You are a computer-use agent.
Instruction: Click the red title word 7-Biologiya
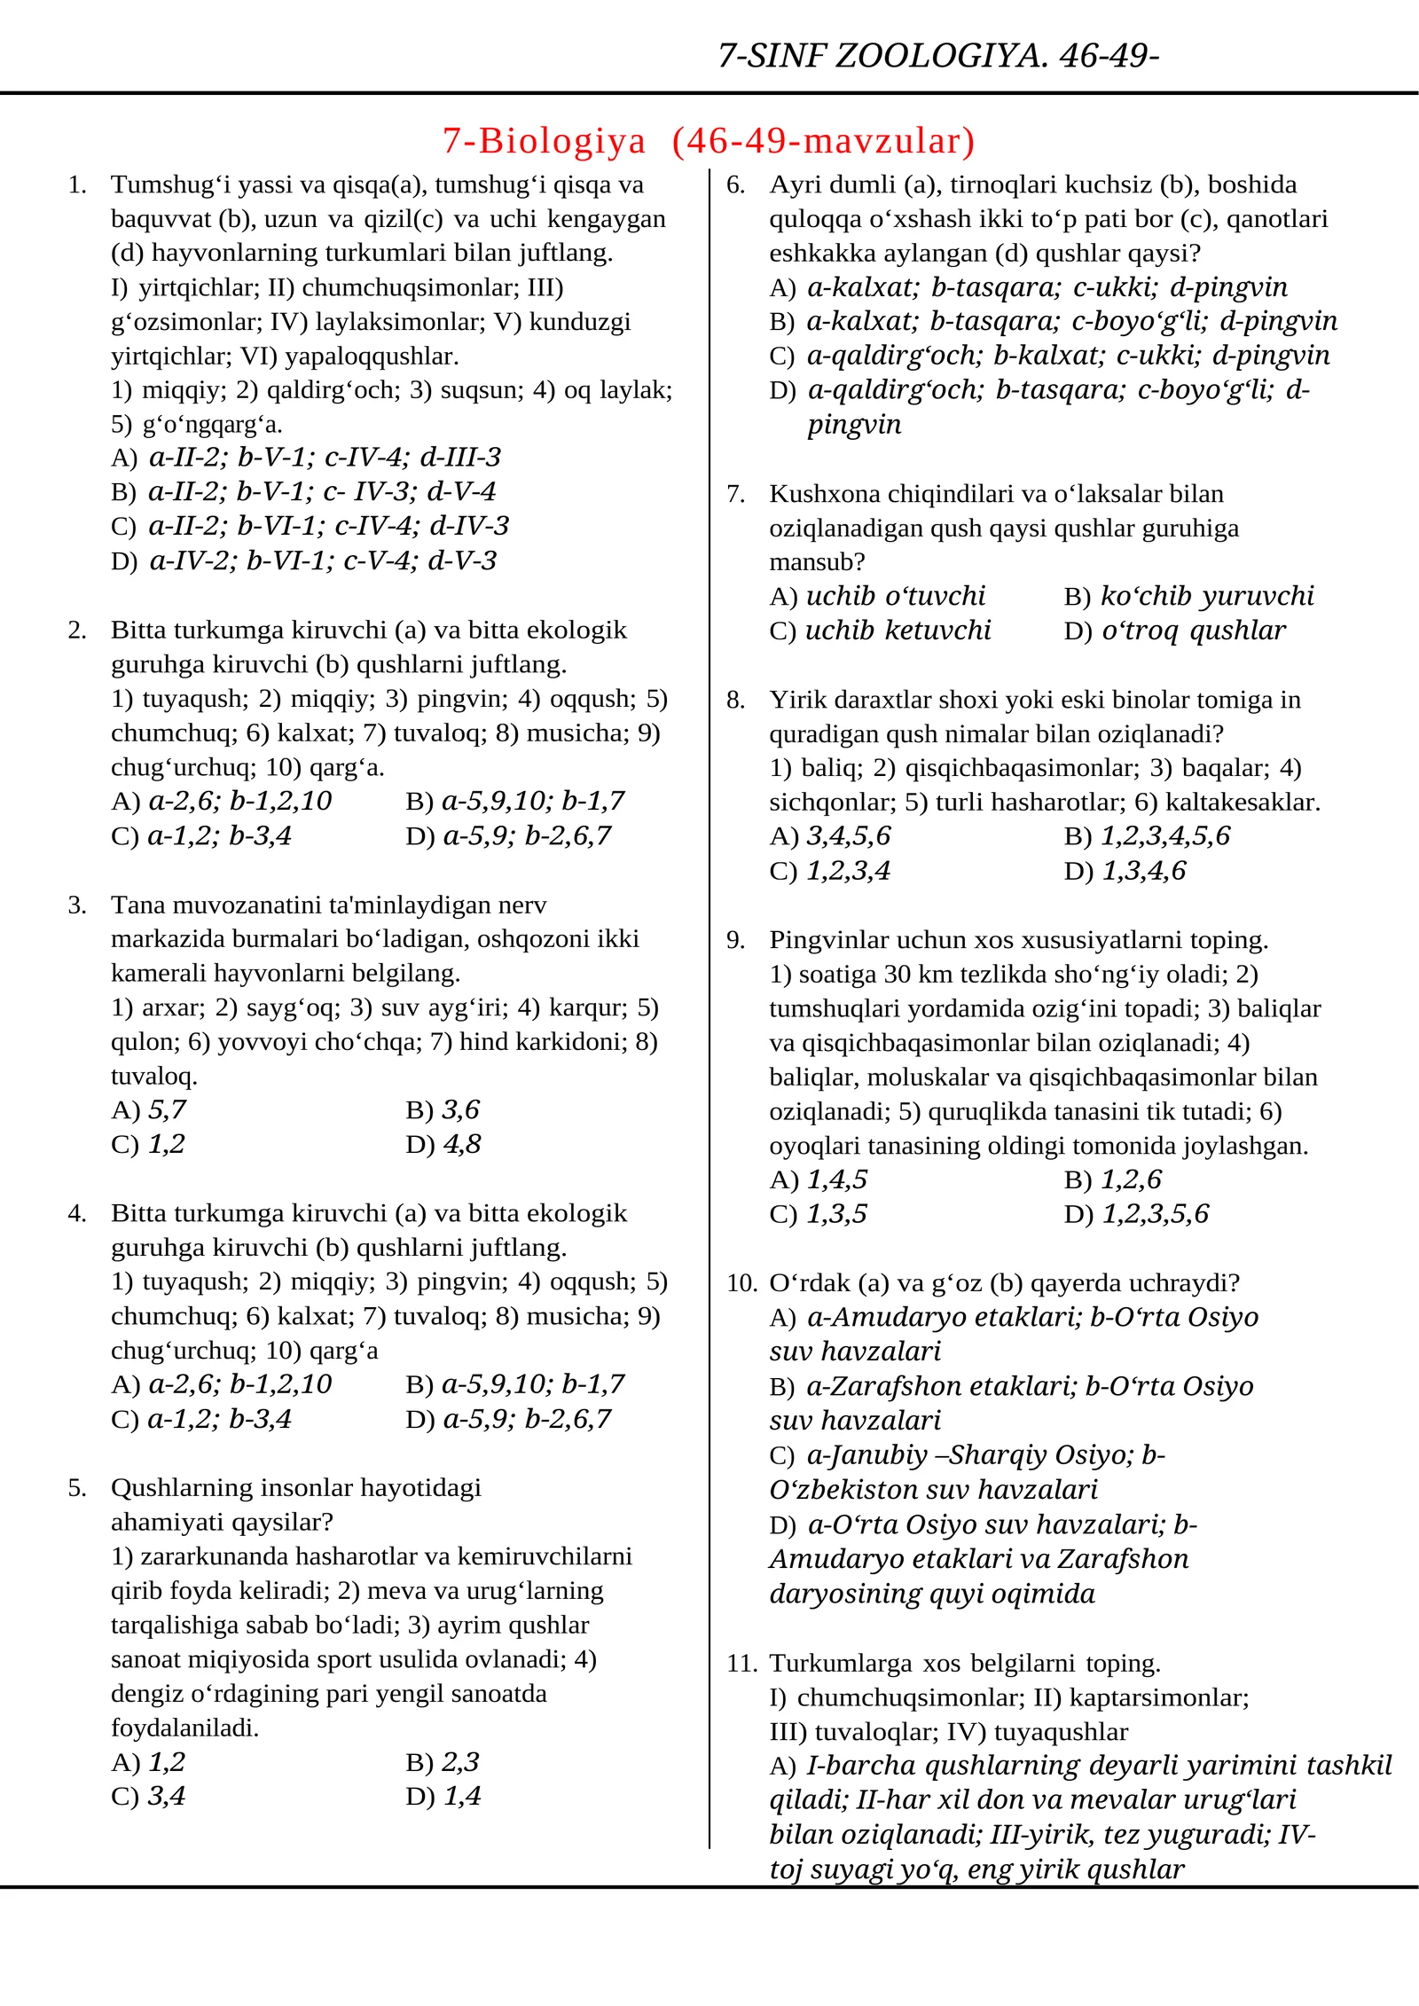pos(544,141)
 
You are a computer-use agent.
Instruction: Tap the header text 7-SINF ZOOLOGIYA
pos(882,56)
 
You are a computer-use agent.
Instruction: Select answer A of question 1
pos(306,458)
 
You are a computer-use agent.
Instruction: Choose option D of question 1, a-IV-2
pos(304,560)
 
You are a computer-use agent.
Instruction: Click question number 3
pos(77,905)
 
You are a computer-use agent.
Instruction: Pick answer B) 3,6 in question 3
pos(443,1109)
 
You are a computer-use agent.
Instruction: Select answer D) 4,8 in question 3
pos(443,1144)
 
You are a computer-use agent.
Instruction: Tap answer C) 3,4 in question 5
pos(148,1796)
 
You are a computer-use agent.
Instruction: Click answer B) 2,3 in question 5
pos(443,1761)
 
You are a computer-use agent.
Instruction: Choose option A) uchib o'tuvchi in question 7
pos(877,596)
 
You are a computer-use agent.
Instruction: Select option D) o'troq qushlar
pos(1174,631)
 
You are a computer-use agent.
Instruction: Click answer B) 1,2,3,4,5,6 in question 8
pos(1147,835)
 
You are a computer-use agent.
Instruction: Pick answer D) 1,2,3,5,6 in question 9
pos(1136,1213)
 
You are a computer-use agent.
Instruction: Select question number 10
pos(741,1282)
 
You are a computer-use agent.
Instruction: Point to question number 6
pos(735,184)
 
